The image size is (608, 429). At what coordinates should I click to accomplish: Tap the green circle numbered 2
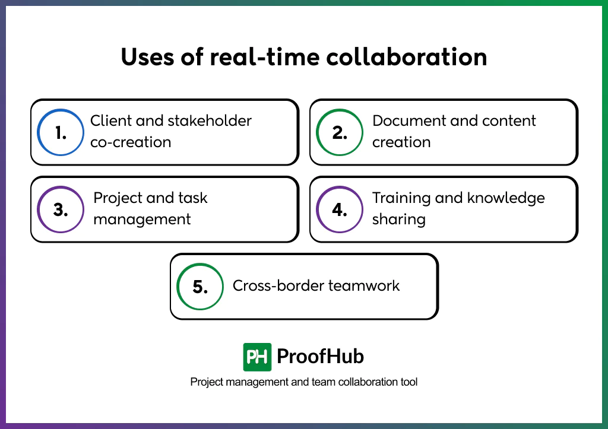pyautogui.click(x=340, y=132)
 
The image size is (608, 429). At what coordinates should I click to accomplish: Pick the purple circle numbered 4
pyautogui.click(x=340, y=209)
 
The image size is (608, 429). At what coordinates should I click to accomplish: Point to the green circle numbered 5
pyautogui.click(x=200, y=287)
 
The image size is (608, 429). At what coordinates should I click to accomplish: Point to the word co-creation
pyautogui.click(x=131, y=142)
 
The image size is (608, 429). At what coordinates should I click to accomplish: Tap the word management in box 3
pyautogui.click(x=142, y=220)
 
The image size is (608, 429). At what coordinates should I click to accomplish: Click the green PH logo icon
pyautogui.click(x=257, y=357)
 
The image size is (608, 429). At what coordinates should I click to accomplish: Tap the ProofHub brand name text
pyautogui.click(x=321, y=357)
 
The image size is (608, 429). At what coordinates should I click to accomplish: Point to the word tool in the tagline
pyautogui.click(x=408, y=382)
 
